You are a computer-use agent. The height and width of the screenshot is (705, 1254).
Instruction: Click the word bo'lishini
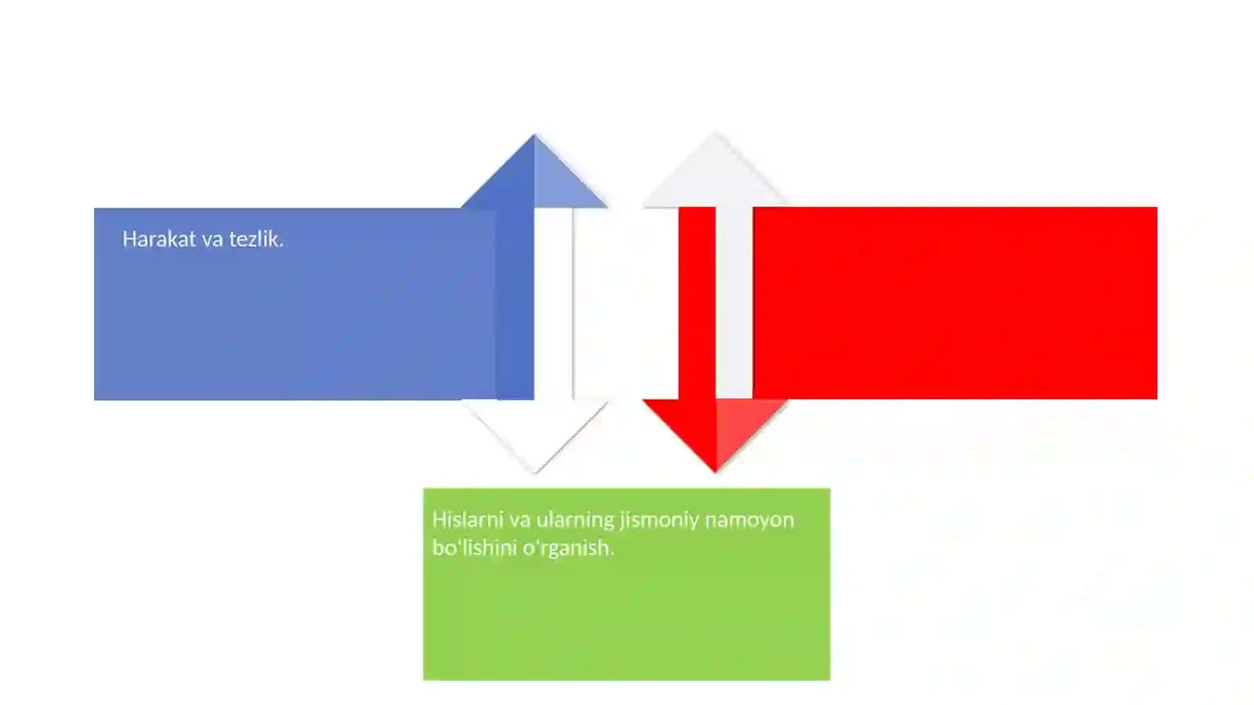(474, 547)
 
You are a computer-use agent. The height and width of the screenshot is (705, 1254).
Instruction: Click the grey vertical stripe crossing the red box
(734, 303)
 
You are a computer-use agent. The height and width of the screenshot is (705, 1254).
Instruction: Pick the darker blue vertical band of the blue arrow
(515, 304)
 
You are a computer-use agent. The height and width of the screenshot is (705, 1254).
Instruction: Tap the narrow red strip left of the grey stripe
(697, 303)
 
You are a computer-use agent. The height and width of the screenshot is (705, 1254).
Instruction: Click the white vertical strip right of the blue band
(553, 304)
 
